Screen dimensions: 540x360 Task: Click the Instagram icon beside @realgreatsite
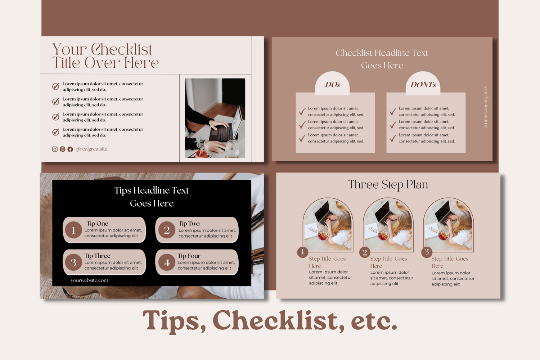(55, 149)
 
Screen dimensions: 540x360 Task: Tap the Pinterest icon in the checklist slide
(62, 149)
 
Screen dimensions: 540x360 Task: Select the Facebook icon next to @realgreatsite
(70, 149)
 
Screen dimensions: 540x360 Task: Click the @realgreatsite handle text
(91, 149)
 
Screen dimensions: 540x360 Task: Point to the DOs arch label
(332, 84)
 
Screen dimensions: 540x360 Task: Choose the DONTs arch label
(423, 84)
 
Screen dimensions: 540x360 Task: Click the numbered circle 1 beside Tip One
(73, 230)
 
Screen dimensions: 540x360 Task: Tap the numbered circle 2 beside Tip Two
(167, 230)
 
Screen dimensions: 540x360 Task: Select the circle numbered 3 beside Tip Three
(73, 262)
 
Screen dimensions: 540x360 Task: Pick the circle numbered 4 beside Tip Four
(167, 262)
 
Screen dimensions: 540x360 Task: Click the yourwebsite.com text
(89, 280)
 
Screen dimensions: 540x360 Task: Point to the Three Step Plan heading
(388, 185)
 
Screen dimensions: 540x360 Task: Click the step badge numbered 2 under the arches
(364, 252)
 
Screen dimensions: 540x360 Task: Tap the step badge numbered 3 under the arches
(427, 252)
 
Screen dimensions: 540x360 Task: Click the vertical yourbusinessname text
(486, 107)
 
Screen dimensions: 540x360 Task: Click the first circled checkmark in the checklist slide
(56, 86)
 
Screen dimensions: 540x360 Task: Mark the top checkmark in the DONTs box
(393, 111)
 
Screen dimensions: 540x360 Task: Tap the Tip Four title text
(189, 256)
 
